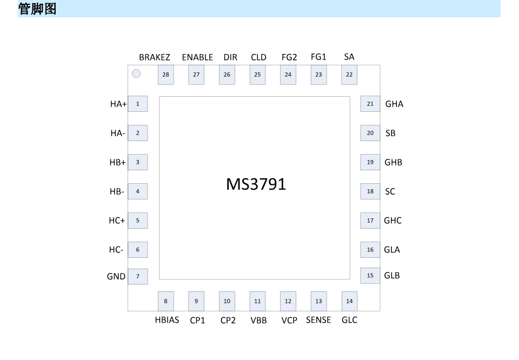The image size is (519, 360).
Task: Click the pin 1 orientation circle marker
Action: pos(136,74)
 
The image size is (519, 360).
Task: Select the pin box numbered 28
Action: pos(166,75)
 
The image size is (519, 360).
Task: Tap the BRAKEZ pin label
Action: pos(155,57)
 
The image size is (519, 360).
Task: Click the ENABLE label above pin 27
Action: pos(198,57)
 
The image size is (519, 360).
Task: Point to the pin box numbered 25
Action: pos(257,75)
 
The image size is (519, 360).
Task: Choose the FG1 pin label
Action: pos(318,57)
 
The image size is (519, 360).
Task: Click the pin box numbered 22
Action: pos(349,75)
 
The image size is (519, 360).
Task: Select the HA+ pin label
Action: pos(118,104)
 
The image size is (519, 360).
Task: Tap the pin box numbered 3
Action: pos(138,162)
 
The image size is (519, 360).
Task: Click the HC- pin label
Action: pos(116,250)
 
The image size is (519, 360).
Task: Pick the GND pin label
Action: pos(116,276)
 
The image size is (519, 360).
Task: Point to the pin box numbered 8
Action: pos(166,301)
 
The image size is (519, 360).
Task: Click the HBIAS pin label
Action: pos(167,320)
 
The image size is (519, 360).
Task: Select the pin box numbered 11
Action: pos(257,301)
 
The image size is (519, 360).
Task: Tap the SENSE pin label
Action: pos(318,320)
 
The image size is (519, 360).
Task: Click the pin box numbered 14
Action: pos(350,301)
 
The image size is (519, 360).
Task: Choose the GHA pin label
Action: pos(394,104)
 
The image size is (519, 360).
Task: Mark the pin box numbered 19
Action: pos(370,162)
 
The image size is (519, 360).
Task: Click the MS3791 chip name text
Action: pos(256,184)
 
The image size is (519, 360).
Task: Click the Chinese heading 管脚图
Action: pos(37,9)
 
